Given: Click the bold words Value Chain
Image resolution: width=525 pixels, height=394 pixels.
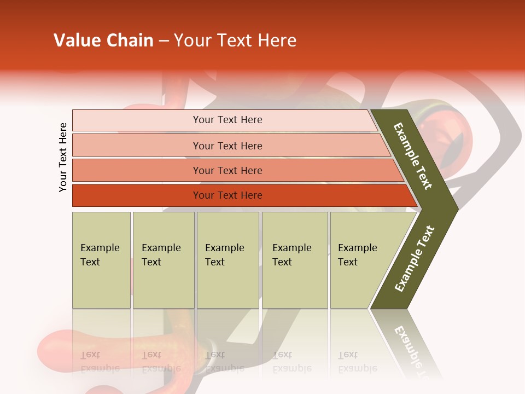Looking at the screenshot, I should click(103, 40).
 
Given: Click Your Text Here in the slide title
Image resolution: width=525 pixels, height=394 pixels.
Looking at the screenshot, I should click(235, 40).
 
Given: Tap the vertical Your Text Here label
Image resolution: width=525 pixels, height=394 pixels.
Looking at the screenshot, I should click(63, 157).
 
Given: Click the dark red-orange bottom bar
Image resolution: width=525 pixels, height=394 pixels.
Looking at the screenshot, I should click(137, 195).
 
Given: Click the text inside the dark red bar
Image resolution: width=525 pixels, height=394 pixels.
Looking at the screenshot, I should click(227, 195).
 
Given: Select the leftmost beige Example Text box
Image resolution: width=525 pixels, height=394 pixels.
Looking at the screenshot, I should click(101, 260).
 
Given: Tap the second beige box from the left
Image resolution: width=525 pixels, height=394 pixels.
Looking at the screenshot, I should click(164, 260).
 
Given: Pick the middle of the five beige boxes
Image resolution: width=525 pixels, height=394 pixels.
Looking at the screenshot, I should click(227, 260).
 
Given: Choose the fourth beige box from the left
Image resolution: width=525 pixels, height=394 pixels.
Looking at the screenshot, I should click(295, 260).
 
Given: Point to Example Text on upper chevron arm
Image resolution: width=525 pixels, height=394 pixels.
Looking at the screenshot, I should click(413, 156).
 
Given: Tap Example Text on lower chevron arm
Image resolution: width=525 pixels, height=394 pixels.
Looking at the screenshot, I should click(415, 258).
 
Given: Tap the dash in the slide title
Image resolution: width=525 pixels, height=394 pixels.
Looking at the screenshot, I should click(164, 41).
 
